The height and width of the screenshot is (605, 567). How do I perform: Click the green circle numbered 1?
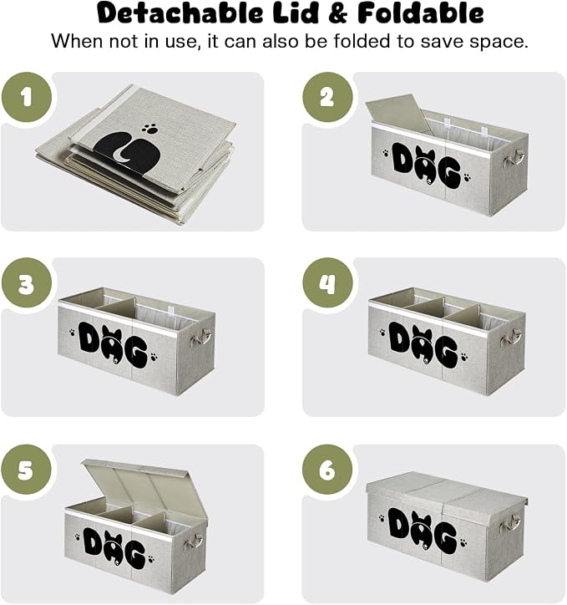tap(26, 97)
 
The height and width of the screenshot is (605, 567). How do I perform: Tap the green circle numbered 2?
tap(327, 97)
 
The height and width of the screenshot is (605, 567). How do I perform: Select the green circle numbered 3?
tap(26, 282)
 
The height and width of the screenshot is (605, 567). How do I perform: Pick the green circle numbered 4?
tap(327, 282)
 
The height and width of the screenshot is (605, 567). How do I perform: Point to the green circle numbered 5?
tap(26, 470)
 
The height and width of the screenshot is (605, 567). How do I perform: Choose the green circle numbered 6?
tap(327, 470)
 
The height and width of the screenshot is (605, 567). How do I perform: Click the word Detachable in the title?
tap(180, 13)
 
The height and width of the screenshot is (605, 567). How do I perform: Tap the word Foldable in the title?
tap(421, 13)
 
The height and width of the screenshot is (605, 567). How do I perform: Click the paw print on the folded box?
tap(150, 129)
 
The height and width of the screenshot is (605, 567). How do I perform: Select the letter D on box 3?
tap(90, 335)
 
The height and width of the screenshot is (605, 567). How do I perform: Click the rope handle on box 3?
tap(200, 337)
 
